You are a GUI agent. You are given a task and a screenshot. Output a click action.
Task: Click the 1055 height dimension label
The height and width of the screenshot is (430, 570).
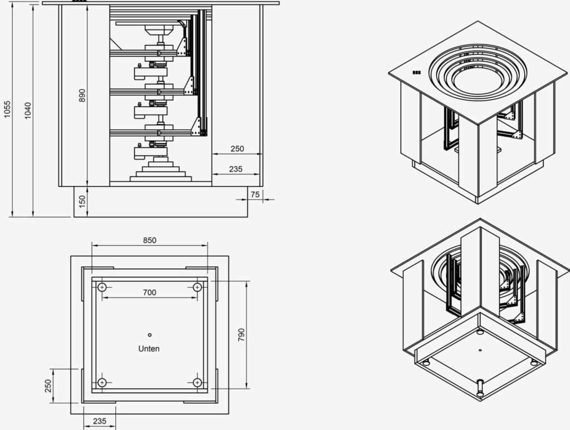coord(7,109)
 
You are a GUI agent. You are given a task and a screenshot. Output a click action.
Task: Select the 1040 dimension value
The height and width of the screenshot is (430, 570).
coord(28,110)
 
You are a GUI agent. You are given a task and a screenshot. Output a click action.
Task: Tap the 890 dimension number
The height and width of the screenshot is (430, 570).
coord(82,95)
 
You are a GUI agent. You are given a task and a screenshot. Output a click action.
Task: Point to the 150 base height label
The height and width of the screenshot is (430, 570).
coord(82,201)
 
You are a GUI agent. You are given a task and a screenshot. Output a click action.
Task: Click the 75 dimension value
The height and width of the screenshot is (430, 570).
coord(255,194)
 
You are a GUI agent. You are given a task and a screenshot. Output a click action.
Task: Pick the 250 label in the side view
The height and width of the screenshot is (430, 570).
coord(237,149)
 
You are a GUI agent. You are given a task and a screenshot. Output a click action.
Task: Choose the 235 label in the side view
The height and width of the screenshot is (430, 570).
coord(235,169)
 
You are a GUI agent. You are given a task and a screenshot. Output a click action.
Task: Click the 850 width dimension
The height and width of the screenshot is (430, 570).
coord(149,240)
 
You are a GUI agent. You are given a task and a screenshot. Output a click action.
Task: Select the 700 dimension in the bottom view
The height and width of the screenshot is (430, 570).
coord(149,293)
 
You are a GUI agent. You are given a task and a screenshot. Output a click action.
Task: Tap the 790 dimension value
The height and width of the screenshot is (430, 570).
coord(242,334)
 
